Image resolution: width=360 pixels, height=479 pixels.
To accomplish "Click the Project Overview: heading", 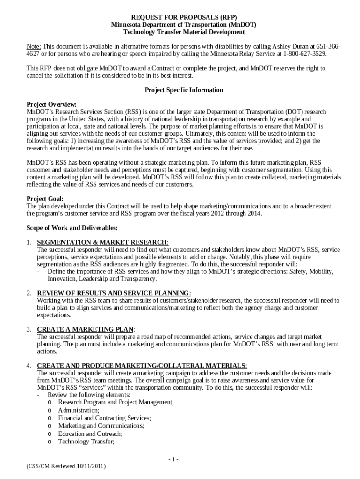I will tap(51, 104).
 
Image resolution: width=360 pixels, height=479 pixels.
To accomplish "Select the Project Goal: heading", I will tap(45, 198).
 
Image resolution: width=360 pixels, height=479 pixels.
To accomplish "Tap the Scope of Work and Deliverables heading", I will tap(72, 228).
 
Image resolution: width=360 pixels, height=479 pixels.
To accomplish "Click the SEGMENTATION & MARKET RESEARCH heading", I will tap(102, 242).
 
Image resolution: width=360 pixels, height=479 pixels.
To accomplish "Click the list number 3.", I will tap(29, 329).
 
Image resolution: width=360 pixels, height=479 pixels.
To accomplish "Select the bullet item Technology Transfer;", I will tap(86, 441).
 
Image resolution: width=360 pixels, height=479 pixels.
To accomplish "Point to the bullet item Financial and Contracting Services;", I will tap(104, 418).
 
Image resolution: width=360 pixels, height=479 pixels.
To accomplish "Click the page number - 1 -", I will tap(173, 459).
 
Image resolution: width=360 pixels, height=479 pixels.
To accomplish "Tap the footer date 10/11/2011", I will tap(92, 467).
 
